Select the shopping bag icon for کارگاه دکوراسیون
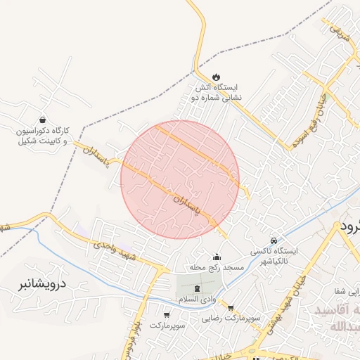[44, 120]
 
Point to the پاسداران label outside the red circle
[94, 150]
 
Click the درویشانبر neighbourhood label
[40, 285]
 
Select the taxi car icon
[274, 240]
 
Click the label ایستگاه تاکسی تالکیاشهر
[275, 255]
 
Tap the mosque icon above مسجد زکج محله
[216, 257]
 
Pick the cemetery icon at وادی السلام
[196, 288]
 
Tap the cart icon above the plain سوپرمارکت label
[167, 314]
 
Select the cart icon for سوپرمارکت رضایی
[230, 307]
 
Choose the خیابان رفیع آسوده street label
[311, 116]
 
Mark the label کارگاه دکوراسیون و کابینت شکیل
[44, 136]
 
